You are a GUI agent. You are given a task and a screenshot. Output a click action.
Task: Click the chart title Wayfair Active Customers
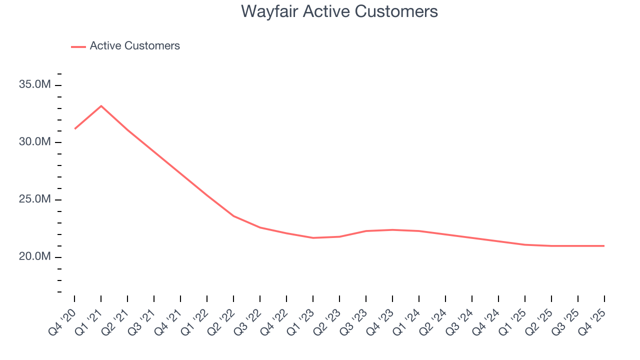(339, 11)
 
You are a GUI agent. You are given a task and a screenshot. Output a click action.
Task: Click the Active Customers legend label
(134, 46)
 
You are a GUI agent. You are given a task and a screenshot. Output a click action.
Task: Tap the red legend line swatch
(78, 46)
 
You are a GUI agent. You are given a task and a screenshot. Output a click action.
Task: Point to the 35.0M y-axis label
(35, 85)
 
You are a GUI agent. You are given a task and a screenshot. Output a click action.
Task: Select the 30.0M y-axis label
(35, 142)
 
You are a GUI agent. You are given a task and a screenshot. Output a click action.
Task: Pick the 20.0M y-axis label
(35, 257)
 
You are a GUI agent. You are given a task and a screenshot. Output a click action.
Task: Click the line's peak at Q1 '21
(101, 106)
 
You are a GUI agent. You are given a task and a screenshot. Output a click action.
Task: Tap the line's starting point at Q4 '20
(74, 129)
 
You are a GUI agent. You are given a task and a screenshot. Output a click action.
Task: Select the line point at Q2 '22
(233, 216)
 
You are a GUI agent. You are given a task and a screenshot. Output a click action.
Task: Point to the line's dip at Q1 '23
(313, 238)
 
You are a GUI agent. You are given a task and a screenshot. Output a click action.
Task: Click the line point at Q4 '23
(392, 230)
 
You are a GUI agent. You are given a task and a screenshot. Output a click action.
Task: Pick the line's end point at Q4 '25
(604, 246)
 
